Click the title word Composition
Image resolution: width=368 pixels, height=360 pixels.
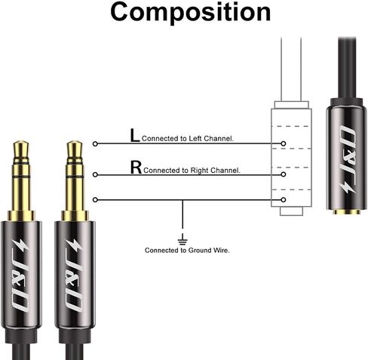[190, 13]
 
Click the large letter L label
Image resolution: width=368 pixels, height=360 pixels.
[135, 135]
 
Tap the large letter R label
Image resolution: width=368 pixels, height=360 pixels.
[136, 167]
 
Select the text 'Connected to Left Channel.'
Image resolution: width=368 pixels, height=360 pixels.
[188, 138]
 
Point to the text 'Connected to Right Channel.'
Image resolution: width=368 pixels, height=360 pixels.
[192, 171]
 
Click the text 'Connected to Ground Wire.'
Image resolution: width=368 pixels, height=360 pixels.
[187, 251]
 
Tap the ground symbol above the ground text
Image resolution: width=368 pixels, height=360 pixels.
[182, 239]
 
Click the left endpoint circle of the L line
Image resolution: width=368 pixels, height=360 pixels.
[95, 143]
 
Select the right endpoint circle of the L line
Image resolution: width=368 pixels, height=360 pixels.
[284, 143]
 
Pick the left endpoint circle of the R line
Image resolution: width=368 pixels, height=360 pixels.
[95, 174]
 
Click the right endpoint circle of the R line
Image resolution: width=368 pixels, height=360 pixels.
[284, 174]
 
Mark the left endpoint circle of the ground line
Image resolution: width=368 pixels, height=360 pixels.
[95, 200]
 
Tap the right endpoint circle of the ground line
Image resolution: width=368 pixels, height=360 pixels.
[284, 200]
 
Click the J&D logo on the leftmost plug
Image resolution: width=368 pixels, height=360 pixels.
[21, 275]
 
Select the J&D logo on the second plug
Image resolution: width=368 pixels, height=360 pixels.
[74, 275]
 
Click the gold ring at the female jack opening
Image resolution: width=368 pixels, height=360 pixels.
[346, 212]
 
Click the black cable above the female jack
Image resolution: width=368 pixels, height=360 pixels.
[347, 67]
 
